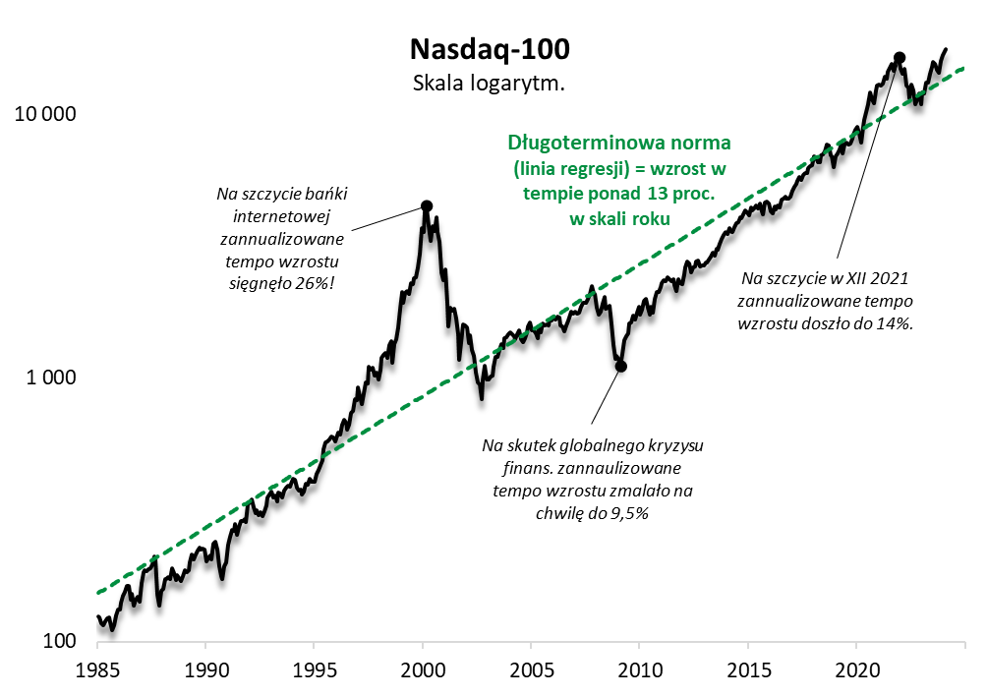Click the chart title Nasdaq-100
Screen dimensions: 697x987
489,49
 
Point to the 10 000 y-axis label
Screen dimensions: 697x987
44,113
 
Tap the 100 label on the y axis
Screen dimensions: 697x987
62,642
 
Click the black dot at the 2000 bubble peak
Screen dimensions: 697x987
426,206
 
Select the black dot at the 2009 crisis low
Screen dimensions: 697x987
620,366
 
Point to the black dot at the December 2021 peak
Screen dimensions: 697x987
899,58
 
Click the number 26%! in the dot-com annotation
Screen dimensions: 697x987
318,283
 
